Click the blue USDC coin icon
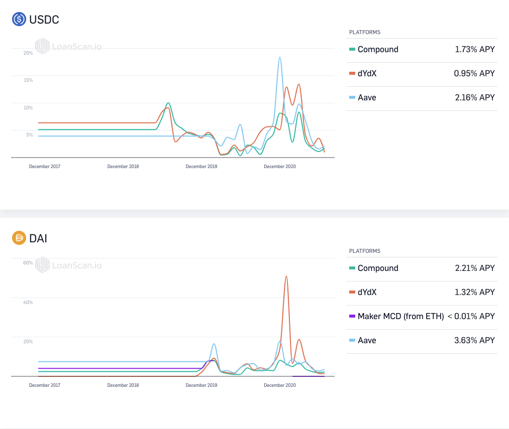19,19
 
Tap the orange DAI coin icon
19,238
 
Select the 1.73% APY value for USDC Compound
475,49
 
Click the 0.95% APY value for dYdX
474,73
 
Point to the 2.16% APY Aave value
475,97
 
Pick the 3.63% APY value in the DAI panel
474,340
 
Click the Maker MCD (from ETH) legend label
400,316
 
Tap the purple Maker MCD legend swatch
352,316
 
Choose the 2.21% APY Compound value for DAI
475,268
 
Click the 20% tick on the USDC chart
28,53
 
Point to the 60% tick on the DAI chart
28,262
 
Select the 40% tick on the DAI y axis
28,302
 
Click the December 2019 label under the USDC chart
201,167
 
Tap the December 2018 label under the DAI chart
123,385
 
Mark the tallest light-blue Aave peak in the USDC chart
280,58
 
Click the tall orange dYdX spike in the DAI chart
286,276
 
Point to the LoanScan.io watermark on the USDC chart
68,46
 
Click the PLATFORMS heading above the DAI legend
365,251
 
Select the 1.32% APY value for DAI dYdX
475,292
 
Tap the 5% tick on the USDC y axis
29,135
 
